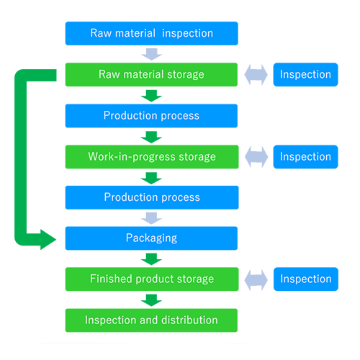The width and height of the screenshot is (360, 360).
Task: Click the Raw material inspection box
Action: pos(152,33)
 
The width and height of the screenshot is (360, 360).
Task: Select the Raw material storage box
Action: pos(151,75)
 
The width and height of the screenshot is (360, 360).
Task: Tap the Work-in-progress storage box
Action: pos(152,157)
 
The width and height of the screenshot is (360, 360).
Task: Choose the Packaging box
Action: pos(151,238)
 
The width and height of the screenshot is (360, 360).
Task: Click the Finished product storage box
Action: pos(152,279)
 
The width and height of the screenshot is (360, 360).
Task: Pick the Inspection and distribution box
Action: pos(151,320)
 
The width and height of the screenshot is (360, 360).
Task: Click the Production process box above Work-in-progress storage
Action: pos(151,116)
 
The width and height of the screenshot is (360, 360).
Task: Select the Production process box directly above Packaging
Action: pos(152,197)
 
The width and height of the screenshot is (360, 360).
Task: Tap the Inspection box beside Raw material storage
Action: pos(305,75)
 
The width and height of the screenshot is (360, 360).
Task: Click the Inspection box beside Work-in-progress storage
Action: pos(305,157)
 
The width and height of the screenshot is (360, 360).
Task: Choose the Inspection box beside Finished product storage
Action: pos(306,279)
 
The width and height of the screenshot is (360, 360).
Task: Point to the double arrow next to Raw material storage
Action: pos(256,75)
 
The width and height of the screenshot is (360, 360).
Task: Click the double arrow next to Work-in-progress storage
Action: pos(256,157)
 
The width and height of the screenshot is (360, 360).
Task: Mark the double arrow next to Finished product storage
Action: pos(256,280)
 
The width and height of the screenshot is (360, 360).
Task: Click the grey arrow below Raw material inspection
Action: pos(152,54)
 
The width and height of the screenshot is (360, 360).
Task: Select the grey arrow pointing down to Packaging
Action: pos(151,218)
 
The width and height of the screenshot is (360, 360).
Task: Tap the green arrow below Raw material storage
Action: pos(151,96)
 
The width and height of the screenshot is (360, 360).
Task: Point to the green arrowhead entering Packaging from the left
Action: pos(48,240)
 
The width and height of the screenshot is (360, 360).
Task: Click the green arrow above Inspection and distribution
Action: pos(151,300)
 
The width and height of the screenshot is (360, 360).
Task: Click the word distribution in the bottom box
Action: pos(189,320)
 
